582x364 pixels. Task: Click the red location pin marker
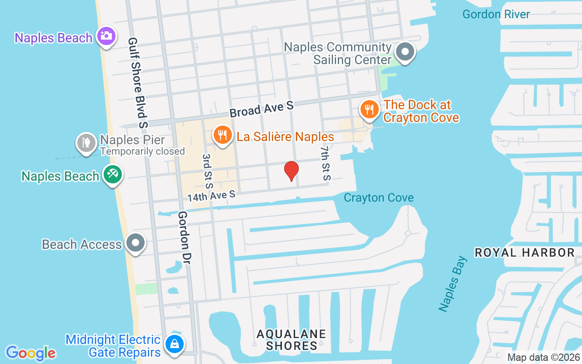tap(291, 171)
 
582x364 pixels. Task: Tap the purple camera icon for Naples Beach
tap(106, 36)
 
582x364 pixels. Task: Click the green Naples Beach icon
tap(112, 175)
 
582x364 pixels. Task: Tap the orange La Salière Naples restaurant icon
tap(222, 136)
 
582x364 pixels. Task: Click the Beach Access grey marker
tap(135, 243)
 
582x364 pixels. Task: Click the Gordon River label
tap(496, 14)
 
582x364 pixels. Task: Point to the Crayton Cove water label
tap(379, 197)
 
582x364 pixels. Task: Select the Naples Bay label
tap(453, 284)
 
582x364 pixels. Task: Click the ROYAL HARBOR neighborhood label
tap(525, 253)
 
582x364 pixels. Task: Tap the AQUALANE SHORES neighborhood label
tap(291, 340)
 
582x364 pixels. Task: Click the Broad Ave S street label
tap(261, 109)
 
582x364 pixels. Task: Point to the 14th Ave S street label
tap(211, 196)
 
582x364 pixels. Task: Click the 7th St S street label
tap(325, 162)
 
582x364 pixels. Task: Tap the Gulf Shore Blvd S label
tap(138, 82)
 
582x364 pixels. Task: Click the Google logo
tap(31, 353)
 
